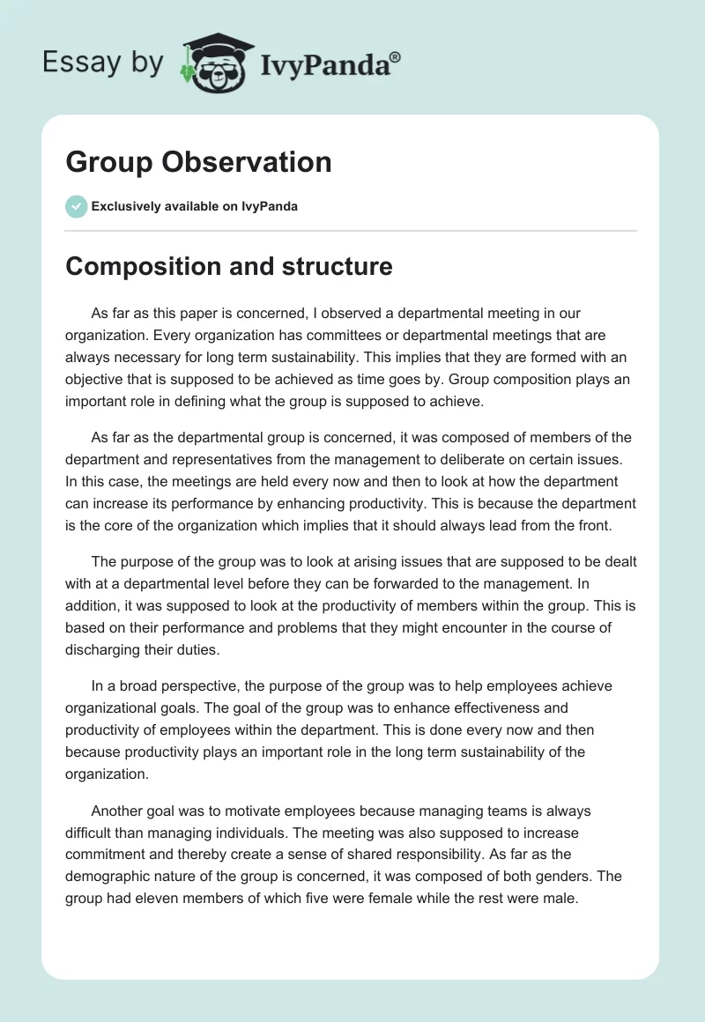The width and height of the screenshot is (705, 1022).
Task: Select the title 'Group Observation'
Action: tap(198, 162)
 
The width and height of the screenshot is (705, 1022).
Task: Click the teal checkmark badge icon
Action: tap(76, 206)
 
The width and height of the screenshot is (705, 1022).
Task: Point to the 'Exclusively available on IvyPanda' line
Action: tap(194, 207)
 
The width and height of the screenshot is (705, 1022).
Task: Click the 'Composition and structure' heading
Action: tap(229, 266)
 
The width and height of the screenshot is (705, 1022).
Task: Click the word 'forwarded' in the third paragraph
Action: tap(427, 582)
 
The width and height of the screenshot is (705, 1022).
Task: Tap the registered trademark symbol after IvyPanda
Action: tap(396, 56)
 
